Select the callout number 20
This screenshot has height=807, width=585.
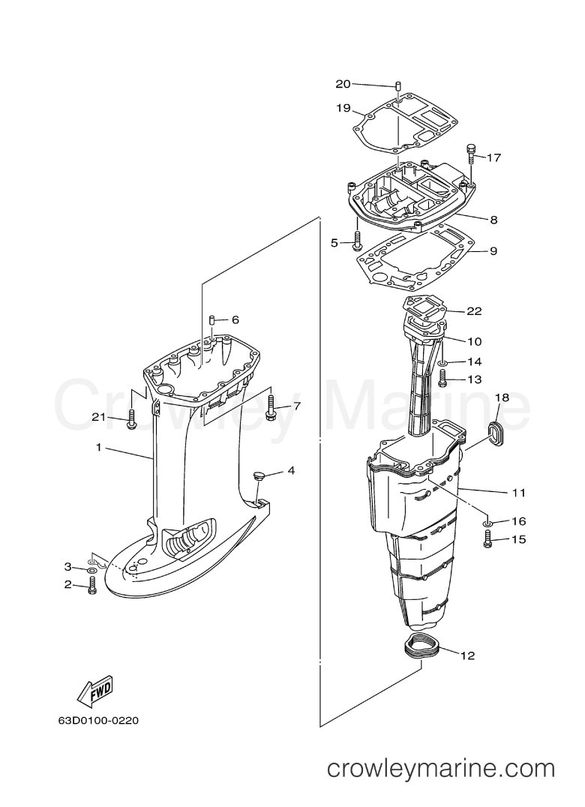pyautogui.click(x=343, y=84)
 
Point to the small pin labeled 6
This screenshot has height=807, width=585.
pyautogui.click(x=211, y=320)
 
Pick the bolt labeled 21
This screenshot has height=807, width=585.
pyautogui.click(x=130, y=419)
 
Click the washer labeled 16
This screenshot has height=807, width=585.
pyautogui.click(x=487, y=523)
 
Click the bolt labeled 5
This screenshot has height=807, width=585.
pyautogui.click(x=357, y=241)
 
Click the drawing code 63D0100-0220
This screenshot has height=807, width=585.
pyautogui.click(x=98, y=721)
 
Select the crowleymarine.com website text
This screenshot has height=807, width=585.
pyautogui.click(x=442, y=769)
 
